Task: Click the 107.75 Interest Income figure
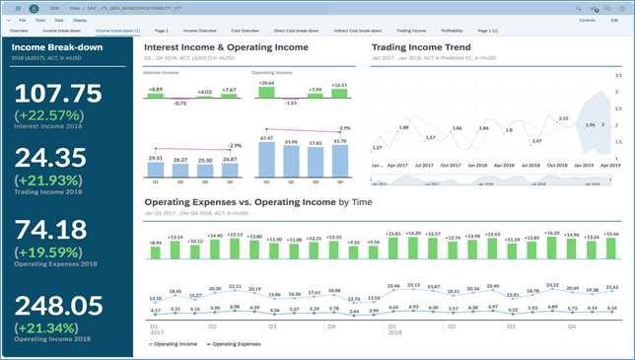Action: (60, 94)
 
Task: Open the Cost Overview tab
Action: (247, 31)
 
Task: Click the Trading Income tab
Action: (396, 31)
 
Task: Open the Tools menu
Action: (39, 20)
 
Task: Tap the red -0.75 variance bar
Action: (179, 99)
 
